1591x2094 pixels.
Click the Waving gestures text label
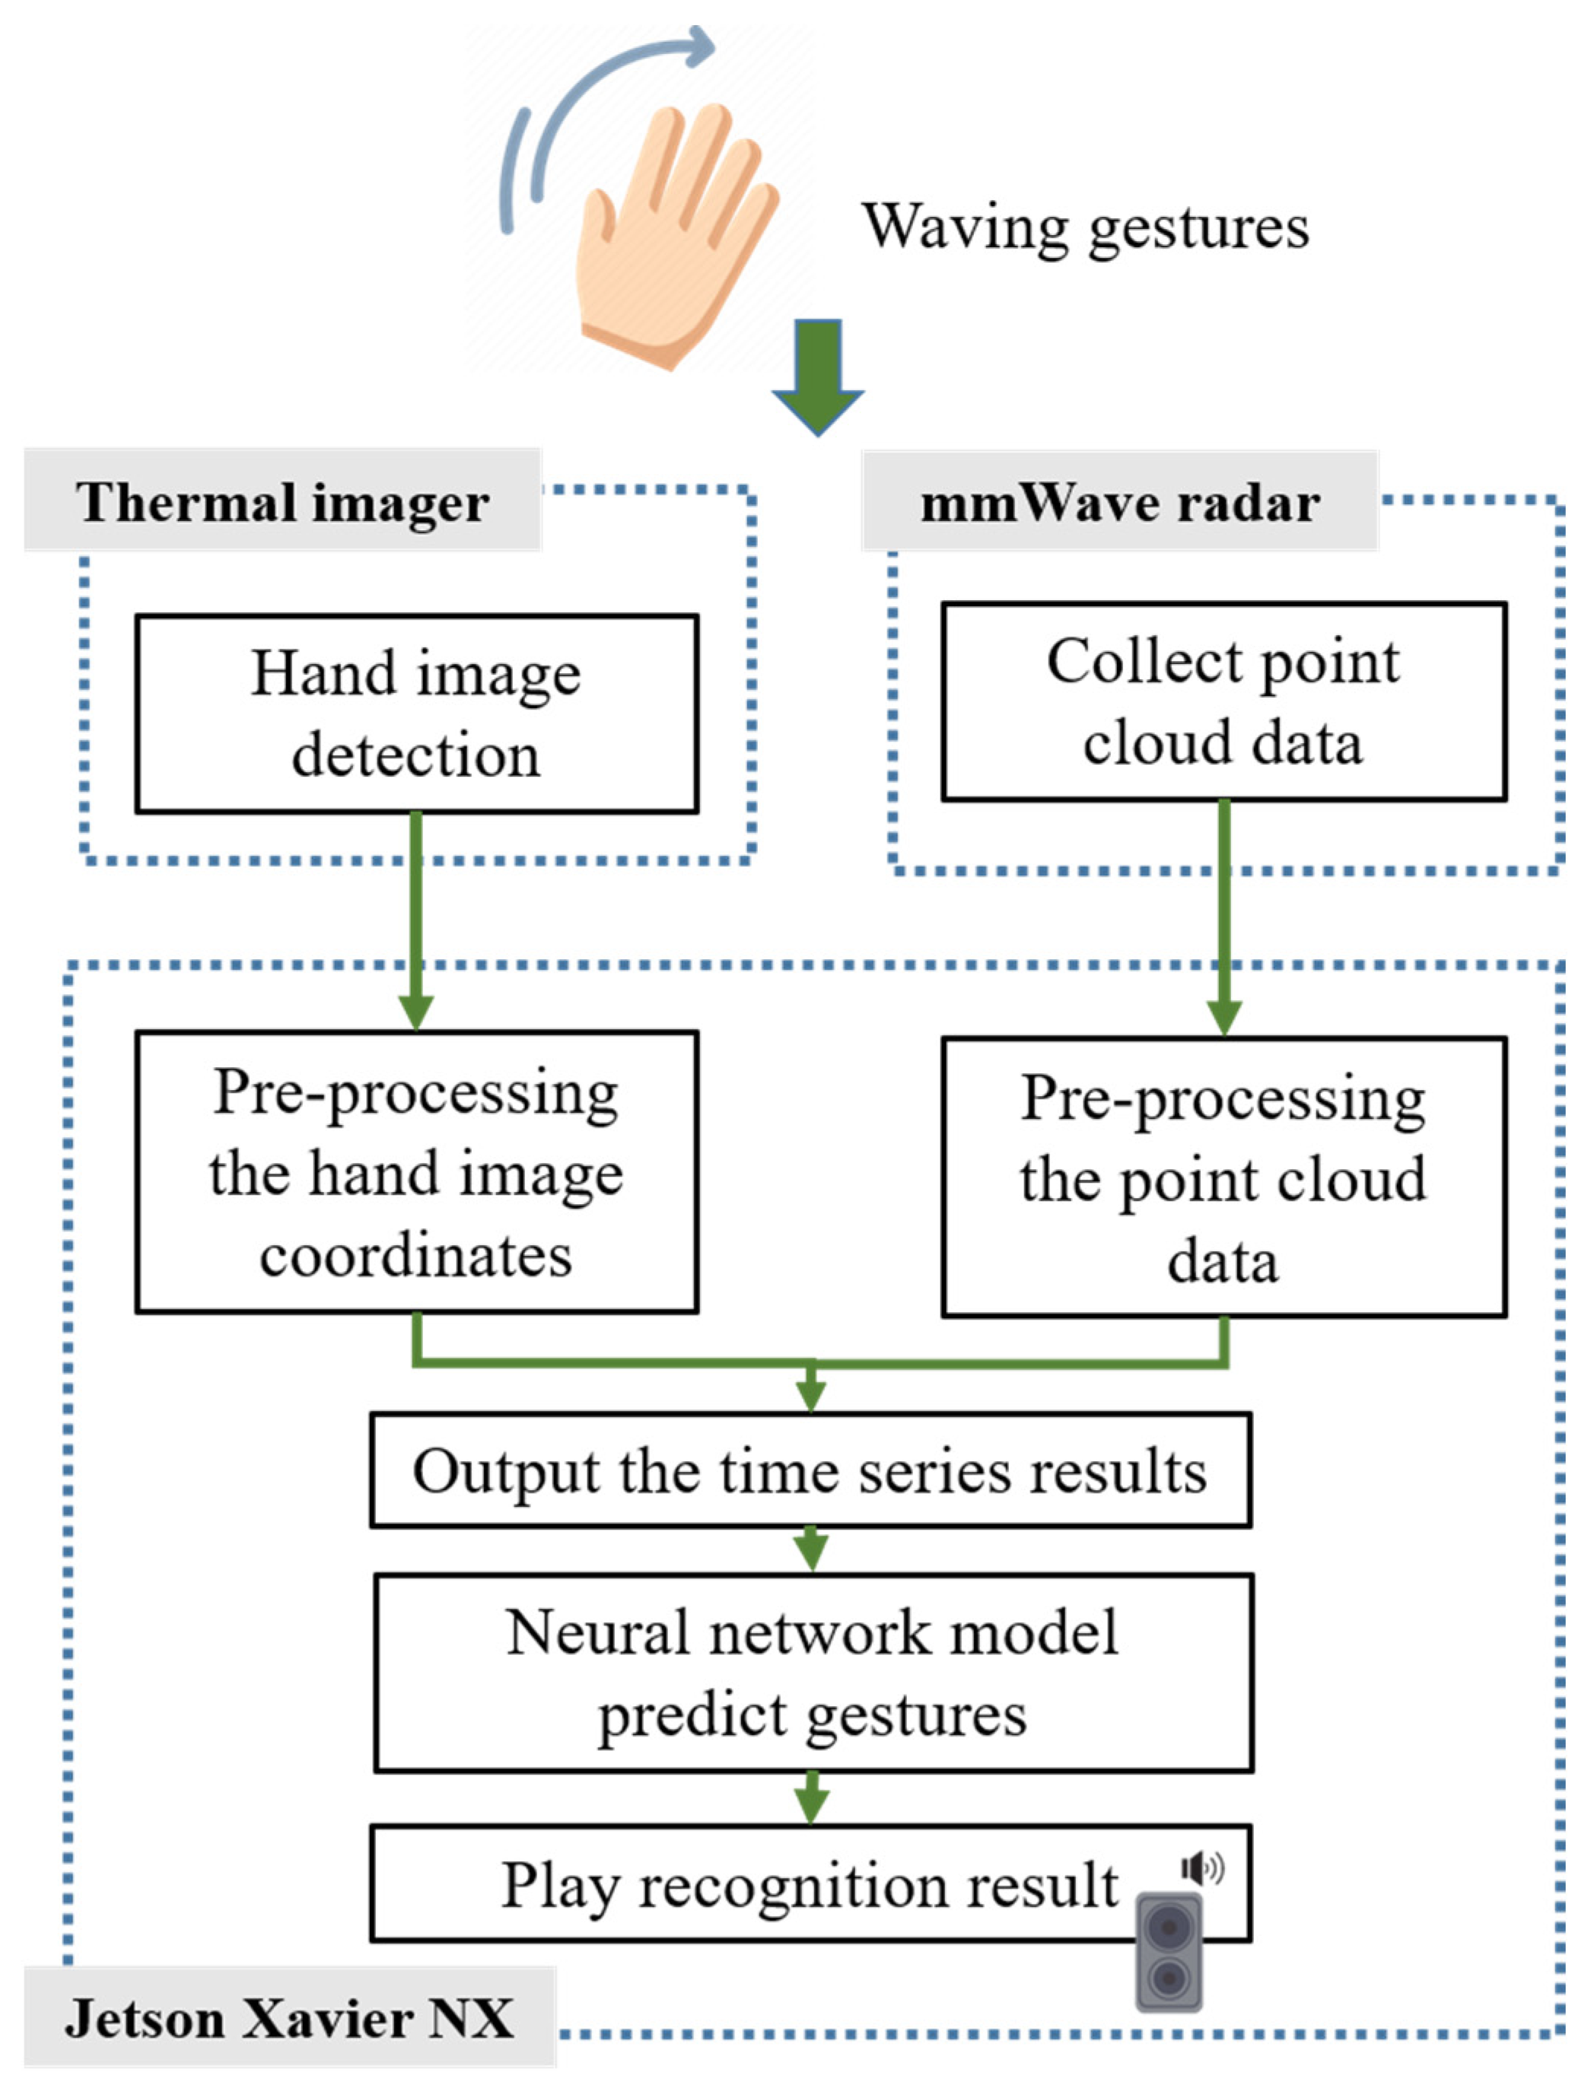[x=1085, y=227]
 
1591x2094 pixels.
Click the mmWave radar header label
[x=1119, y=502]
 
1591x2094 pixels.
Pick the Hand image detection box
[x=417, y=713]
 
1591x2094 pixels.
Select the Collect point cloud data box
[x=1223, y=701]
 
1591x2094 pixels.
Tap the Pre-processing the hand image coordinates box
[x=417, y=1172]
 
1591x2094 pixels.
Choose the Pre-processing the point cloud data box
[x=1223, y=1177]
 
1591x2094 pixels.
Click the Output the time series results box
[x=810, y=1470]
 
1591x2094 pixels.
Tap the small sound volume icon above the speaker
[x=1201, y=1868]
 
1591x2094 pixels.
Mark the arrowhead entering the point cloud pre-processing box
[x=1223, y=1018]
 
